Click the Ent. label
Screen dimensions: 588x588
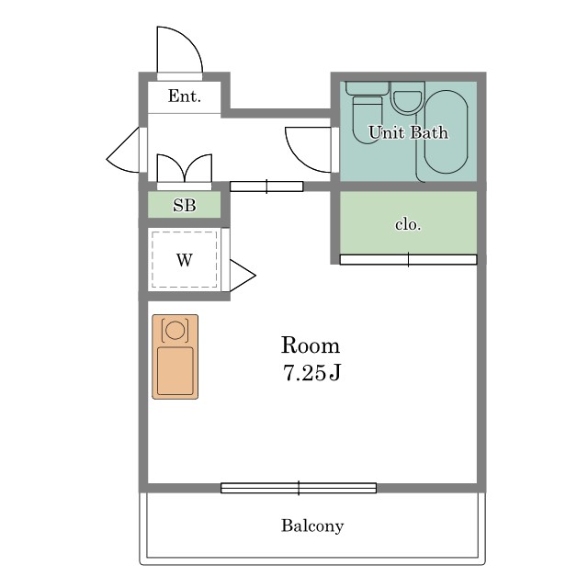pos(184,96)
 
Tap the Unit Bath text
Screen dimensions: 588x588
pos(408,132)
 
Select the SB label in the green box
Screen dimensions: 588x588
pos(184,205)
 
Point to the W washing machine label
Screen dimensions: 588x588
pos(184,259)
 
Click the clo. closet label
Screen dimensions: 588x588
pos(408,224)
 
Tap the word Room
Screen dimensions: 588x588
pos(311,345)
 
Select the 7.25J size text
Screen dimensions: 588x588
pos(311,373)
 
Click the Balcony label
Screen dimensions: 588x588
pos(312,526)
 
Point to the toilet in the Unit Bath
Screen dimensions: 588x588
pos(367,112)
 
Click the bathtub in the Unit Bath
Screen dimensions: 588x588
pos(446,132)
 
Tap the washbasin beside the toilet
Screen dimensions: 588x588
pos(407,98)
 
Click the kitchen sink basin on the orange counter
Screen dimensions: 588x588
pos(175,371)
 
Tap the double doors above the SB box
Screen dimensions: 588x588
pos(184,167)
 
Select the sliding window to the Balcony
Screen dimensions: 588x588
pos(299,488)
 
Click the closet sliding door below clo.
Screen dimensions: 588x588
pos(408,259)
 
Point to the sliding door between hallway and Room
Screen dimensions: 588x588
pos(266,187)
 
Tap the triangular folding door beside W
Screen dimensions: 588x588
pos(243,276)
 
